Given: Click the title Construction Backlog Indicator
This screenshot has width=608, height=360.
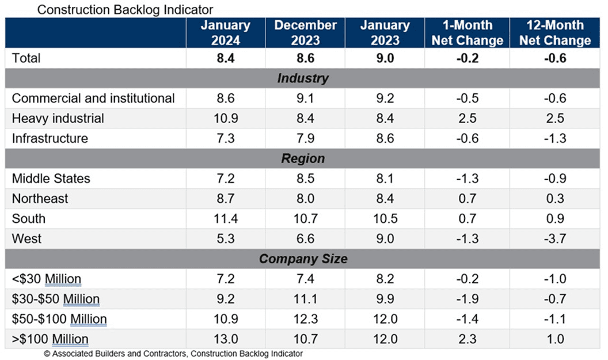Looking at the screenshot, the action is point(125,9).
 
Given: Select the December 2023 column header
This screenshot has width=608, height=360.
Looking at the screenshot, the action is point(306,33).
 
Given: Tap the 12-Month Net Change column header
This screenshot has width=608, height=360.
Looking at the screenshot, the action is point(555,33).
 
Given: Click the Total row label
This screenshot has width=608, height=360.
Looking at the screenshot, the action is point(26,58).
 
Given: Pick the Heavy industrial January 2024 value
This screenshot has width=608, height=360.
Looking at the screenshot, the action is point(226,118).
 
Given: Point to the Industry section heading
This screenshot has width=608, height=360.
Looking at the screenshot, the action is point(303,78).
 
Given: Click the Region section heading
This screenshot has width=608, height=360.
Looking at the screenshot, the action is point(303,158).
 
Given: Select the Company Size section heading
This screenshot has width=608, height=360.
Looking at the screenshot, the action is point(303,259).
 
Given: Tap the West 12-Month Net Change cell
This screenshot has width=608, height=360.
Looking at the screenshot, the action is point(555,238).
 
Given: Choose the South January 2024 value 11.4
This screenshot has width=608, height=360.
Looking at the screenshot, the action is point(226,218).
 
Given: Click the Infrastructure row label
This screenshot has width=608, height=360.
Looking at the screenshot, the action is point(50,138).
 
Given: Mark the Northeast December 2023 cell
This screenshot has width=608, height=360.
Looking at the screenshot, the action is point(306,198).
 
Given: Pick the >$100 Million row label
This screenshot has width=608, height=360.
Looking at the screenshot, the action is point(50,339).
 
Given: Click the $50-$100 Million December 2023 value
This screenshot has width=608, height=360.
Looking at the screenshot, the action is point(306,319).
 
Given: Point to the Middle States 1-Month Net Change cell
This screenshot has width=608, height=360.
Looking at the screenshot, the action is point(468,179).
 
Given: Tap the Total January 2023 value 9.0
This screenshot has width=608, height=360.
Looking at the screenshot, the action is point(385,58).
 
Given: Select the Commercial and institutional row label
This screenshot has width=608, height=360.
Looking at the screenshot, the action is point(93,98).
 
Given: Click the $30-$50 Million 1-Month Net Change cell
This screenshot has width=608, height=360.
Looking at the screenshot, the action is point(468,299).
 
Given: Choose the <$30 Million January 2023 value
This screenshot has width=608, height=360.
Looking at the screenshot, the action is point(385,279).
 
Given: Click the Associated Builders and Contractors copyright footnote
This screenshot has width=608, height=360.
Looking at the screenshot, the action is point(173,354).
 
